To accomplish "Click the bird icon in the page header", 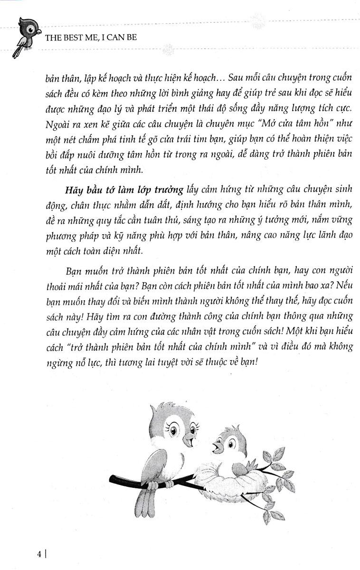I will click(x=25, y=38).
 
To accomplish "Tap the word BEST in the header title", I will click(x=72, y=37).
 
